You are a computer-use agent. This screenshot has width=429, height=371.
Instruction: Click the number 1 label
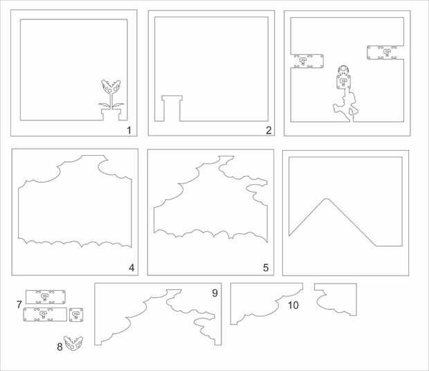[x=129, y=130]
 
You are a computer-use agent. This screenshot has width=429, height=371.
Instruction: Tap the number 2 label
[x=268, y=130]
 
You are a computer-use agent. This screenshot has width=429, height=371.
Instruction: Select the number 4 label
[x=131, y=268]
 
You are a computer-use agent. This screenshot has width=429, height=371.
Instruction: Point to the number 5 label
[x=266, y=268]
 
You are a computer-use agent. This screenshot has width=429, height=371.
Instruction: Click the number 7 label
[x=19, y=305]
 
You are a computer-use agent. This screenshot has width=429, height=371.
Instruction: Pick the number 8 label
[x=60, y=347]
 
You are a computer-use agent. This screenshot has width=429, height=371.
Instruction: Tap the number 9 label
[x=214, y=293]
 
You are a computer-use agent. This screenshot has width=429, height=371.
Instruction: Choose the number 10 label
[x=293, y=305]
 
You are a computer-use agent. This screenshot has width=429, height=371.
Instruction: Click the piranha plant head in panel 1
[x=111, y=87]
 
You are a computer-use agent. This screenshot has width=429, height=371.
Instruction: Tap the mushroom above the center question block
[x=343, y=71]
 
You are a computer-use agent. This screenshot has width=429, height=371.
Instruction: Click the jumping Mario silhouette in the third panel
[x=347, y=106]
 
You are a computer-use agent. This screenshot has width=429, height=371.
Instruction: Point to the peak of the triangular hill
[x=326, y=199]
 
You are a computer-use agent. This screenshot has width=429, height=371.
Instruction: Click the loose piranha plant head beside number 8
[x=73, y=343]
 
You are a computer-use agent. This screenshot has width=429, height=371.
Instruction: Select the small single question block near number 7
[x=76, y=315]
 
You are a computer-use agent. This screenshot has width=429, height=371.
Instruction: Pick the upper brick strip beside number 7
[x=46, y=297]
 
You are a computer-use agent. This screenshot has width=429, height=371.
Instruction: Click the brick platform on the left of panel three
[x=307, y=61]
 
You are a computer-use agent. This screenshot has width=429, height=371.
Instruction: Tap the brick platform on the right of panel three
[x=385, y=52]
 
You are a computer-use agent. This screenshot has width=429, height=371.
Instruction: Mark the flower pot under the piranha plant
[x=111, y=114]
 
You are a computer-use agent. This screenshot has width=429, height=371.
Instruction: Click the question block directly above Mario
[x=343, y=82]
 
